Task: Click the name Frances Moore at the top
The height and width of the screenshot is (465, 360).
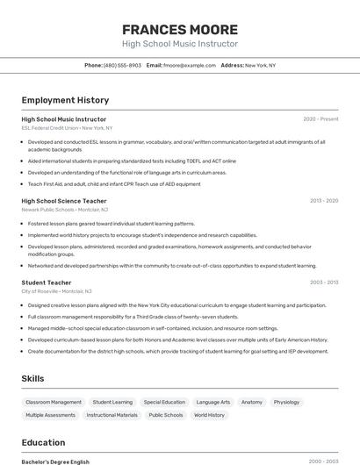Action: [179, 29]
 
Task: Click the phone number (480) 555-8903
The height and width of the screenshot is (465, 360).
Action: [122, 66]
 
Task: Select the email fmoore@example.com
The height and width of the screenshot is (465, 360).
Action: [189, 66]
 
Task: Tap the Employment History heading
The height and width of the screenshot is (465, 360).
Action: [65, 101]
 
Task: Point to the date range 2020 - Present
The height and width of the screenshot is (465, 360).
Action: [320, 119]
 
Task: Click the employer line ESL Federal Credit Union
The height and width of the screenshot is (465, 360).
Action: [67, 128]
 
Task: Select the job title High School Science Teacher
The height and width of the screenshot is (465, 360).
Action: [64, 201]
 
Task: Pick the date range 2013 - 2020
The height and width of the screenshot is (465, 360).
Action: [323, 201]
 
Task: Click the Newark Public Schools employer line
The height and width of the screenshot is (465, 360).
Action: [65, 210]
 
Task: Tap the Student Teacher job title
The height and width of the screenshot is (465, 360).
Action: [47, 283]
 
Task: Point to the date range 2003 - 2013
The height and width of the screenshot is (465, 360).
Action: [323, 283]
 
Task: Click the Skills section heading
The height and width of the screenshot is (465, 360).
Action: [33, 378]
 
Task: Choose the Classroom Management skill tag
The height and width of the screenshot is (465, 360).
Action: [54, 402]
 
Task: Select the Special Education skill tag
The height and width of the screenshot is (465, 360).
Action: [164, 402]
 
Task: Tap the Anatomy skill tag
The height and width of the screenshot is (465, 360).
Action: [252, 402]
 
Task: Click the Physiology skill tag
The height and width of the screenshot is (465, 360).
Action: [286, 402]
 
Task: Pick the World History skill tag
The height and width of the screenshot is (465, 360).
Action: [209, 415]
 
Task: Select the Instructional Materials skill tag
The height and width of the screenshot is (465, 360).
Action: [112, 415]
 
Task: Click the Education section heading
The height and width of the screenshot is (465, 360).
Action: [43, 443]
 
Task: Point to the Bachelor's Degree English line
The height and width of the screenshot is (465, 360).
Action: [55, 461]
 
